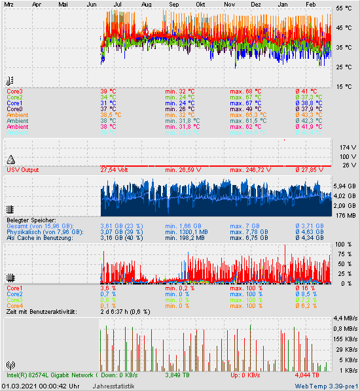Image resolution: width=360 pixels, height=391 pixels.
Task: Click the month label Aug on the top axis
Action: (146, 4)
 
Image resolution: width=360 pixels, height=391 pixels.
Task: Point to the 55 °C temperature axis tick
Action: (344, 8)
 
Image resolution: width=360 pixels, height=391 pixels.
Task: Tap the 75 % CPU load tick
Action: (344, 254)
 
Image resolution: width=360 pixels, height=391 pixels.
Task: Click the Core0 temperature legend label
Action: (14, 109)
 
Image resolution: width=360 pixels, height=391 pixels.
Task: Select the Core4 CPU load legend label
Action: (14, 306)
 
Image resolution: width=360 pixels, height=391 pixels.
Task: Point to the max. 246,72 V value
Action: (250, 170)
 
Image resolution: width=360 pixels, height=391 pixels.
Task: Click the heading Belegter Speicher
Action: (31, 220)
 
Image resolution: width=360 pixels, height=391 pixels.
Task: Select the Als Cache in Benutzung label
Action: (39, 238)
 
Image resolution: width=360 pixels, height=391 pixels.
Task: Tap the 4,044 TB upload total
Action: (307, 375)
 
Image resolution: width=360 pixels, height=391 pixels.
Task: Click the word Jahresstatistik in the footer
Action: (113, 386)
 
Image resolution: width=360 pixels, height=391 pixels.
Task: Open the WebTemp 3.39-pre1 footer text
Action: (326, 386)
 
